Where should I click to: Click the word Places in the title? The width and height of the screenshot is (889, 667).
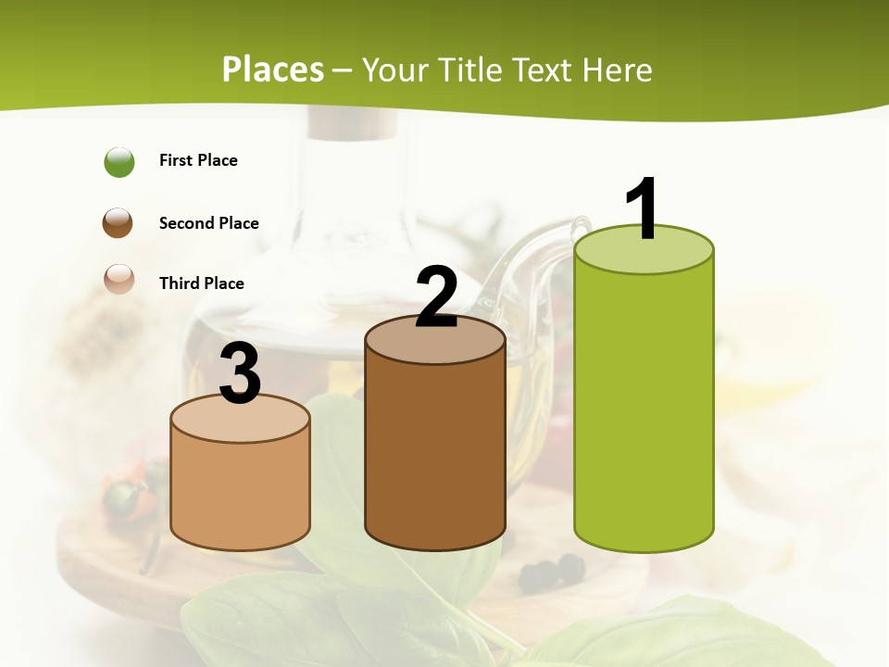[272, 69]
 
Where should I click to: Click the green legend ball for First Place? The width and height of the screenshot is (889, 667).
[119, 162]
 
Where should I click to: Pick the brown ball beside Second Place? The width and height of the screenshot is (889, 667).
[118, 222]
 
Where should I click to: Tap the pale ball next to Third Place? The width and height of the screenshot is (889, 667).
[119, 279]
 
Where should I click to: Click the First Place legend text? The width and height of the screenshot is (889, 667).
[198, 160]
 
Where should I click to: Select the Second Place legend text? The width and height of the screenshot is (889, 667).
[208, 223]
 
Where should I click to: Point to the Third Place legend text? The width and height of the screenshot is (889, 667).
[201, 283]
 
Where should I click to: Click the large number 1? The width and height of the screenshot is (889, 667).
[643, 208]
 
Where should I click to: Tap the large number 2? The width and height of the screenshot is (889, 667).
[436, 297]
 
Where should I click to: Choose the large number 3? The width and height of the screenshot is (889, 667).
[240, 374]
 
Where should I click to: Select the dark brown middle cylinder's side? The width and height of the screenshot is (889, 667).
[435, 454]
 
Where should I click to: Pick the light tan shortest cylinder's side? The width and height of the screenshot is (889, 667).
[240, 491]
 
